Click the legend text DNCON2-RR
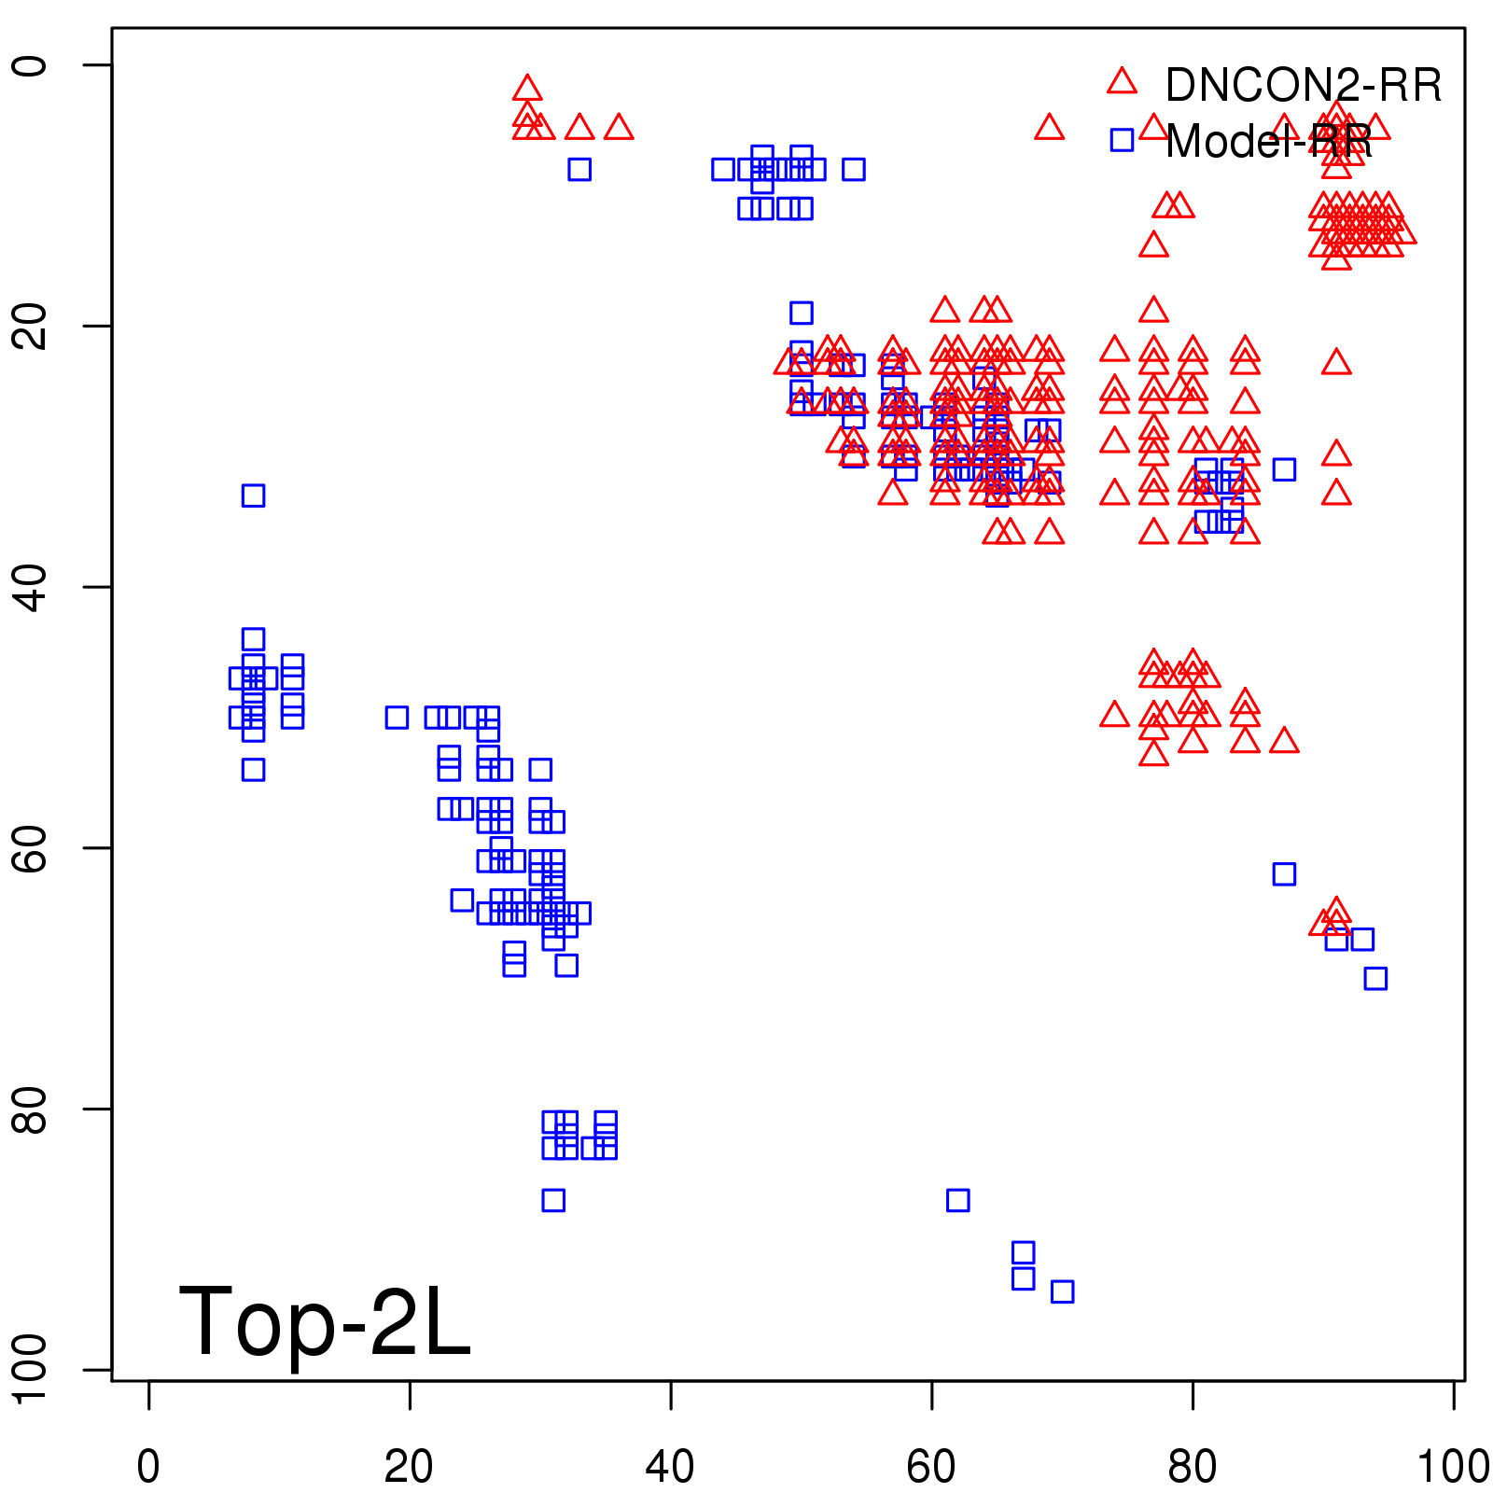[1303, 86]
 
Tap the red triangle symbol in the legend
[1122, 82]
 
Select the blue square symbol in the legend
[1122, 140]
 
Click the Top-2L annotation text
[324, 1321]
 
